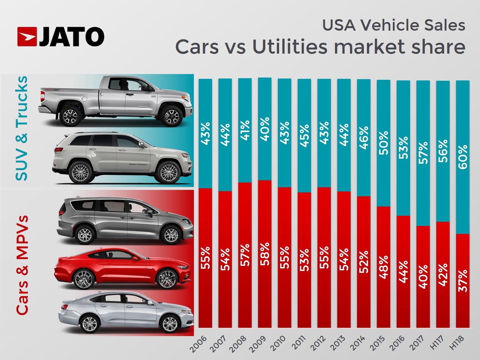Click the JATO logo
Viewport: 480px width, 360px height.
(61, 36)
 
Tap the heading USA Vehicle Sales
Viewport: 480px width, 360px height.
(393, 25)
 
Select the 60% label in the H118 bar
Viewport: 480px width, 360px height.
(463, 157)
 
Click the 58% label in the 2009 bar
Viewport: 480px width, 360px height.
(265, 254)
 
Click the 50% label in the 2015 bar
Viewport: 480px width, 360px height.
(384, 143)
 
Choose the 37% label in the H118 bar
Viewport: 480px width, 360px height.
(463, 281)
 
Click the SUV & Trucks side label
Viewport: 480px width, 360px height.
(22, 128)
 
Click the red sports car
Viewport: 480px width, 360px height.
(122, 267)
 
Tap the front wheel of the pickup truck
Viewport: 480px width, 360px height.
(171, 116)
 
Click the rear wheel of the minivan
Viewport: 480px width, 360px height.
(85, 235)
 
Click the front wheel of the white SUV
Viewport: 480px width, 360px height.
(169, 172)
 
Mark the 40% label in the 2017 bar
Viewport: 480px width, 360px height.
(423, 277)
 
